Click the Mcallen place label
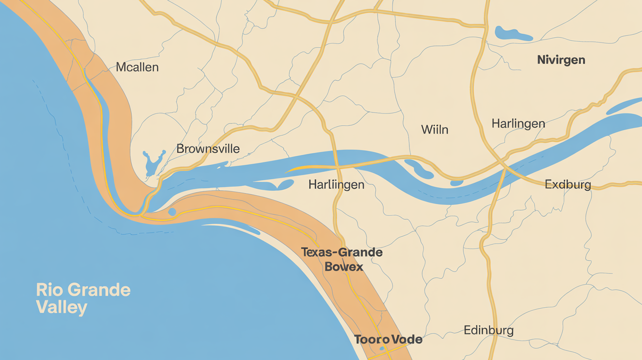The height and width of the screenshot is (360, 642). [x=137, y=67]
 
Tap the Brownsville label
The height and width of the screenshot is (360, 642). [x=208, y=149]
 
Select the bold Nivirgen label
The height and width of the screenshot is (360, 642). [x=561, y=60]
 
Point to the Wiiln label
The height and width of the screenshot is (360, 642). [x=435, y=130]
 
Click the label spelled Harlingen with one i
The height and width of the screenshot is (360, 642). [x=518, y=123]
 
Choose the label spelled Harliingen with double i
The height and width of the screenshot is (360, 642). [x=336, y=185]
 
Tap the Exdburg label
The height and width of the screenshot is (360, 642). [x=568, y=185]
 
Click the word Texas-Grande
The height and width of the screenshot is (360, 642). [x=341, y=253]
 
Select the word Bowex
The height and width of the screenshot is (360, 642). [x=344, y=267]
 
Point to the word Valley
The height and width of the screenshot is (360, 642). [x=61, y=308]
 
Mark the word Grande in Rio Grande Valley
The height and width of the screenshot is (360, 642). [x=99, y=290]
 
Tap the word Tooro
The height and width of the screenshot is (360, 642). [x=370, y=339]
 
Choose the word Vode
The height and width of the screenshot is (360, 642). [x=406, y=339]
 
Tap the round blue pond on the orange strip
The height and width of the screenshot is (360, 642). [x=172, y=212]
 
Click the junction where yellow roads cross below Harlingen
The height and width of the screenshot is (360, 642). [x=504, y=167]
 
